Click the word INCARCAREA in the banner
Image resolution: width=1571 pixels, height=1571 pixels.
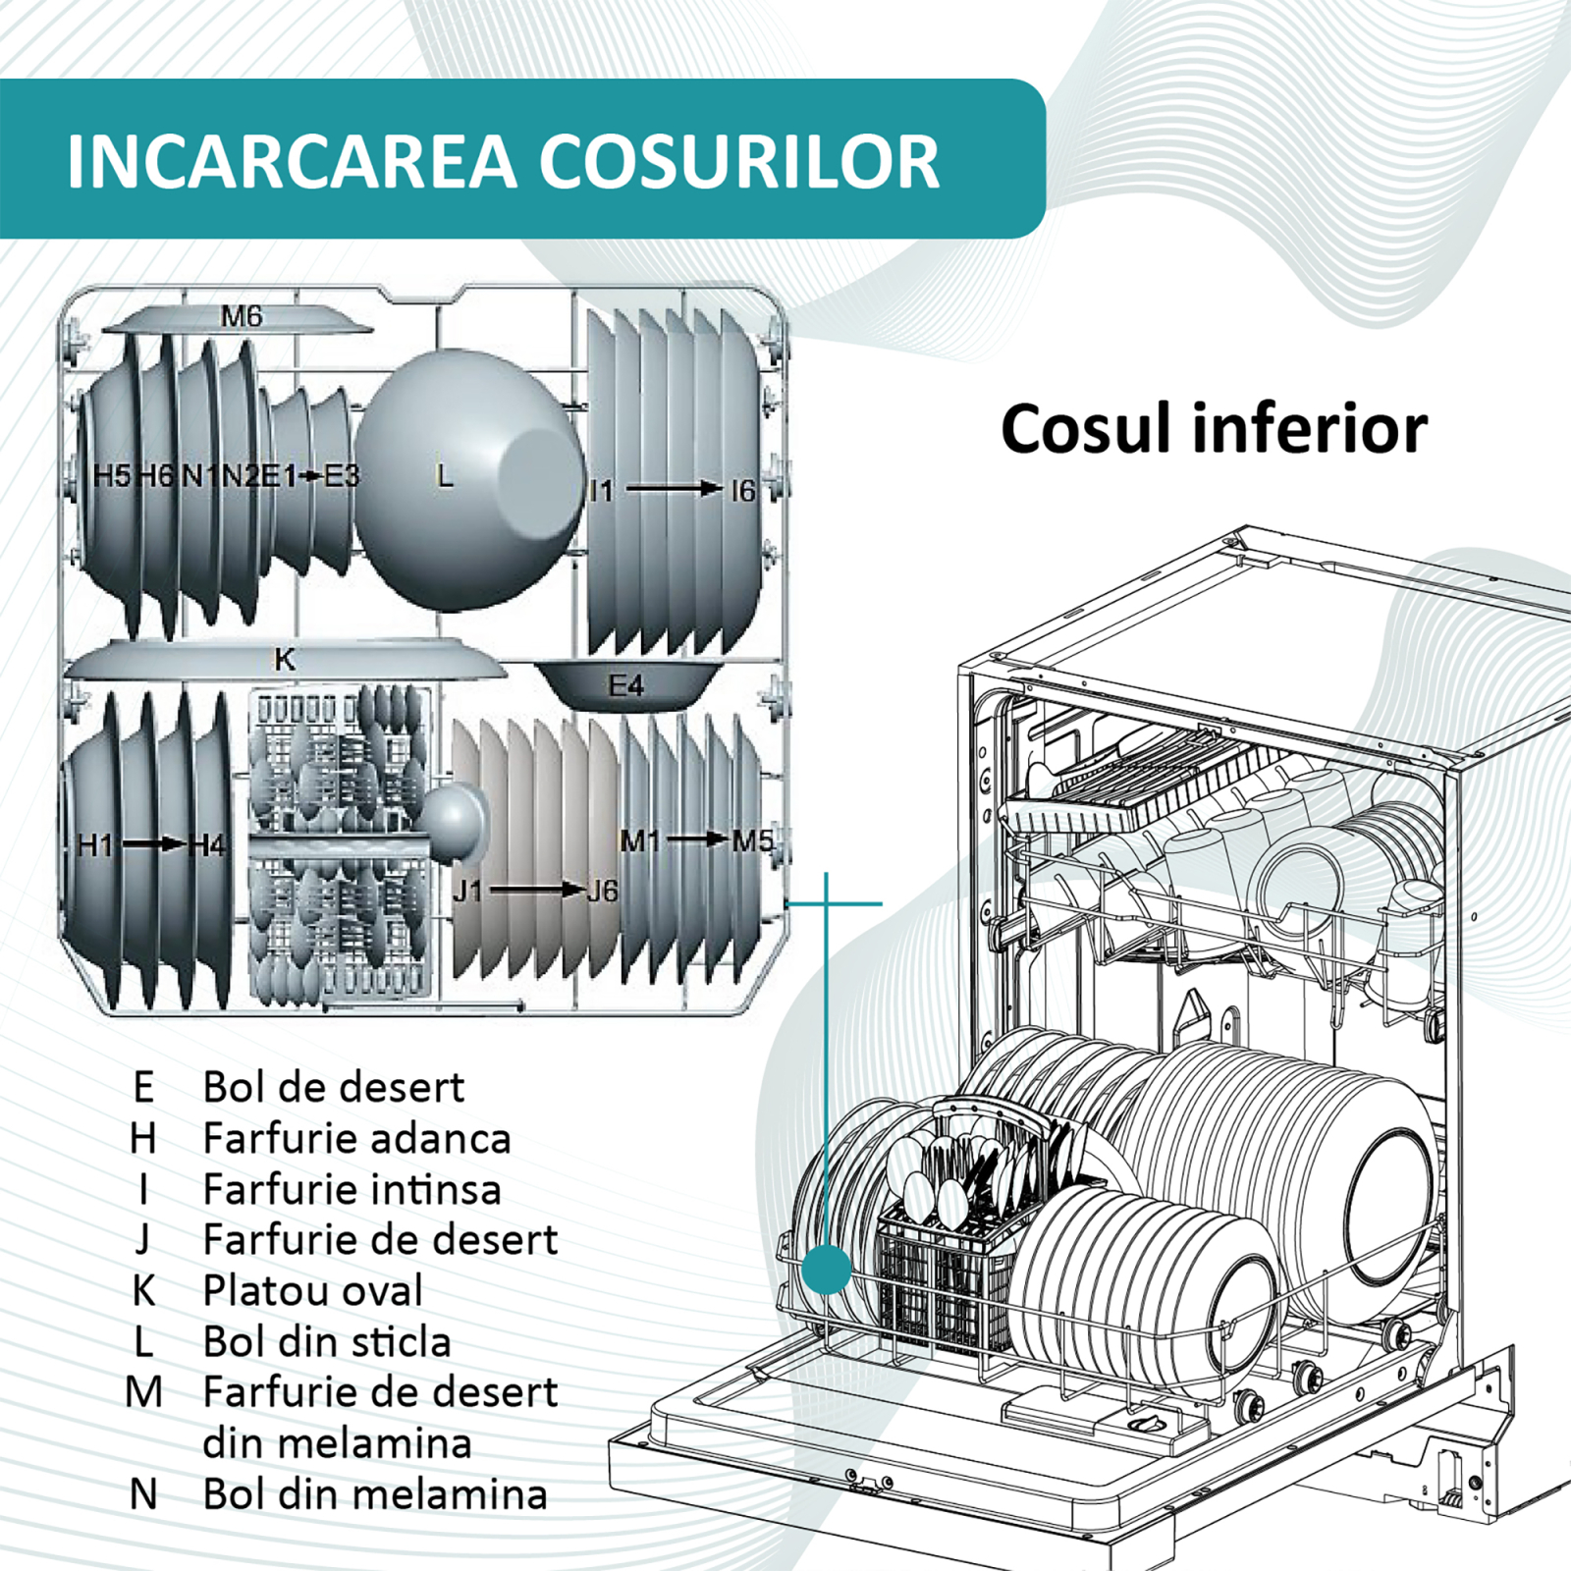(291, 161)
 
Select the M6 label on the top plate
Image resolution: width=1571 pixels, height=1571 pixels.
(242, 316)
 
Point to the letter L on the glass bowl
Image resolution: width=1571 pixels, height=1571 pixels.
(445, 477)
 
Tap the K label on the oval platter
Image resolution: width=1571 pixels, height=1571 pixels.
(285, 659)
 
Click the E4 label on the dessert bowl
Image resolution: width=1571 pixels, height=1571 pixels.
(625, 684)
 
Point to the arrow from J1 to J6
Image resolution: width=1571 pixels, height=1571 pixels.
(536, 891)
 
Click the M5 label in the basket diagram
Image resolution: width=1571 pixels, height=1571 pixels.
(752, 840)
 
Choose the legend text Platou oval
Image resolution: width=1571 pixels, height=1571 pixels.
(312, 1290)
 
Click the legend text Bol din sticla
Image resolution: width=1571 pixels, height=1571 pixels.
(326, 1341)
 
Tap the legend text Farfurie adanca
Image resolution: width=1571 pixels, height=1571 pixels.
(356, 1139)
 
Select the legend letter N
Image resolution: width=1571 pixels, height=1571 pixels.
(143, 1494)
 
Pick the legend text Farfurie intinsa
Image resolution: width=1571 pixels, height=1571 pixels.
(352, 1189)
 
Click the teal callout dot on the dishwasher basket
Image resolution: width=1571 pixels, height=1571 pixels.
(826, 1270)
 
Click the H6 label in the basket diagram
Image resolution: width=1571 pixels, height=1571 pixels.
(155, 476)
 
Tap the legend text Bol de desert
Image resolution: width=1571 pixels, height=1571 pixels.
(333, 1087)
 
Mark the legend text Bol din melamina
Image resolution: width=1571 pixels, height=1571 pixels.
(374, 1494)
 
